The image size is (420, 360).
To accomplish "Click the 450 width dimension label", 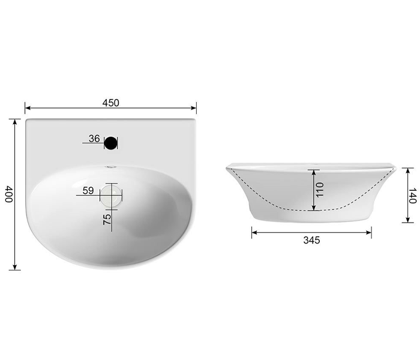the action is coord(110,103).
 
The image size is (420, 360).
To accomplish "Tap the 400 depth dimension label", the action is coord(9,194).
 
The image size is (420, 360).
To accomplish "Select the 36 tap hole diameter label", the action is coord(94,139).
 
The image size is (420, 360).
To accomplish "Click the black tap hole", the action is coord(110,143).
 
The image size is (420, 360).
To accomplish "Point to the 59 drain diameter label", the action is coord(88,191).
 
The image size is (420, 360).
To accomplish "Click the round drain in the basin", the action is coord(111,195).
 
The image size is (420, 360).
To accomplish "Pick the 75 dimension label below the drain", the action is coord(107,220).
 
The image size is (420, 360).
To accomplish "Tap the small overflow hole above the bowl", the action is coord(110,167).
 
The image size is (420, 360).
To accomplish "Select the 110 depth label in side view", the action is coord(320,190).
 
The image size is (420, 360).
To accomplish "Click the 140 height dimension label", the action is coord(413,196).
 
